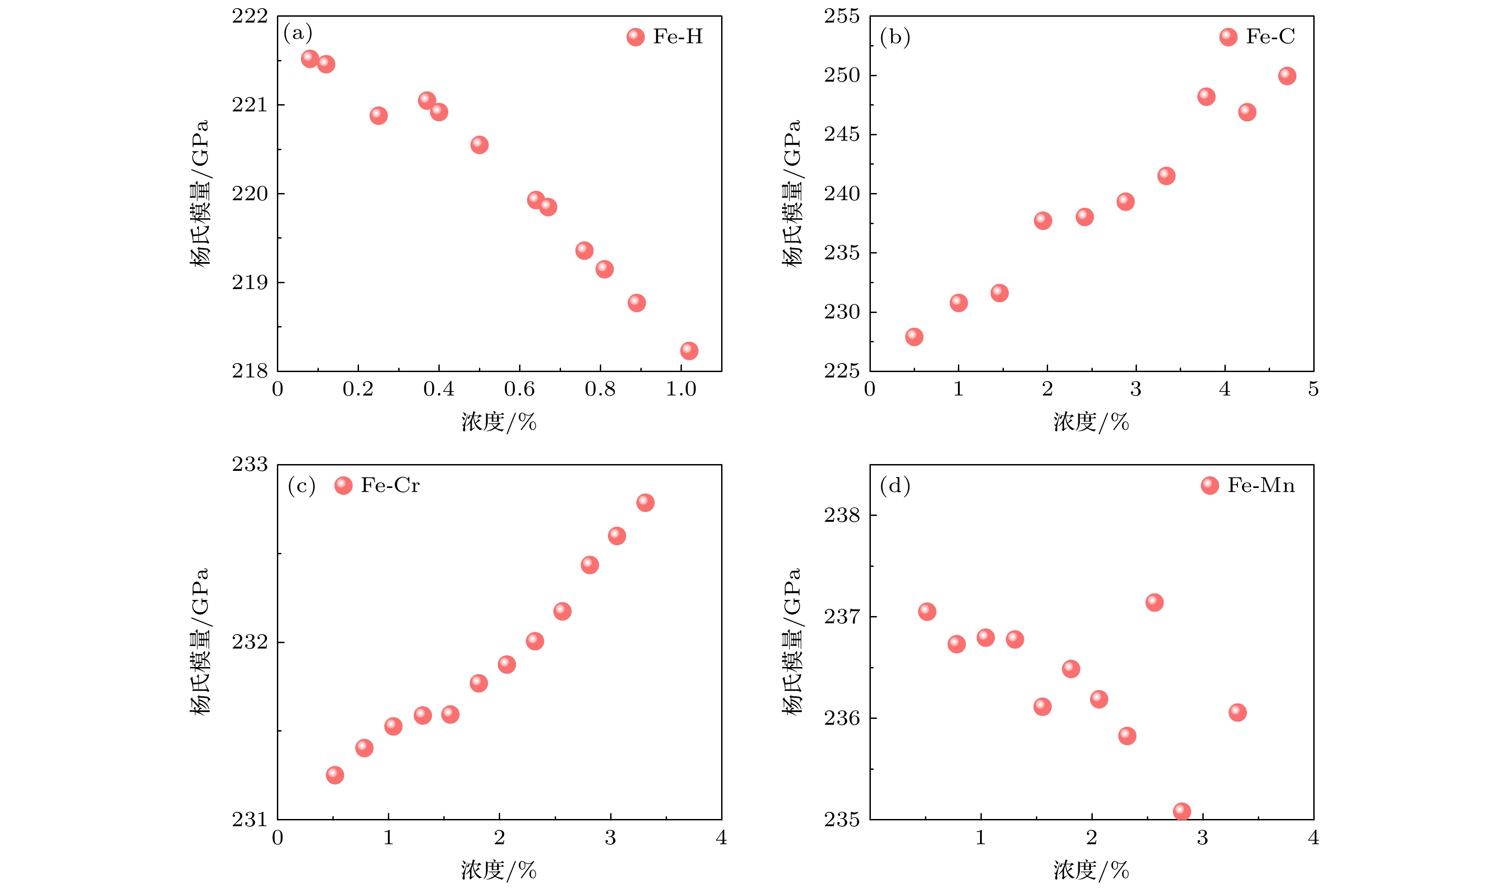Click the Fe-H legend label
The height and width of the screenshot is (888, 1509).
(x=677, y=37)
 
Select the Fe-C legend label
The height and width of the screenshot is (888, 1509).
(x=1270, y=37)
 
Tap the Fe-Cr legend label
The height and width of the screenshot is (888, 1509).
(x=390, y=486)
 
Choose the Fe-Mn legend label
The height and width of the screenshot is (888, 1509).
(x=1261, y=486)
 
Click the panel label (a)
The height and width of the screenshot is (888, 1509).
(x=298, y=33)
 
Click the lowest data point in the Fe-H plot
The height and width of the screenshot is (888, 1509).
(x=689, y=350)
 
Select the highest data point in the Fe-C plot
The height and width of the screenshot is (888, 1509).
(x=1287, y=76)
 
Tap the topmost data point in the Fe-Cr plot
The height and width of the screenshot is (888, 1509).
(x=645, y=502)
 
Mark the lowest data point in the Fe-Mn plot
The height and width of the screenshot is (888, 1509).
(x=1182, y=811)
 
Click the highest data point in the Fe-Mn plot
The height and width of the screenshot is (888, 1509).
(x=1155, y=603)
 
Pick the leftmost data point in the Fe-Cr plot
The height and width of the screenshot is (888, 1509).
(x=335, y=775)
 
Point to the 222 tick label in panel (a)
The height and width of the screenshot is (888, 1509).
(x=250, y=17)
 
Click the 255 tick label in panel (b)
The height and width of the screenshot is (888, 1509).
(x=842, y=17)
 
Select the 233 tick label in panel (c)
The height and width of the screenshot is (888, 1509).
(x=250, y=465)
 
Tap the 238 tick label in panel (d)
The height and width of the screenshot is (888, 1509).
(x=842, y=515)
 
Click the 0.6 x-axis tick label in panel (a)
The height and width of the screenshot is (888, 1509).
(x=519, y=390)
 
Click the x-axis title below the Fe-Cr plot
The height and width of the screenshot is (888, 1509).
(x=499, y=870)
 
